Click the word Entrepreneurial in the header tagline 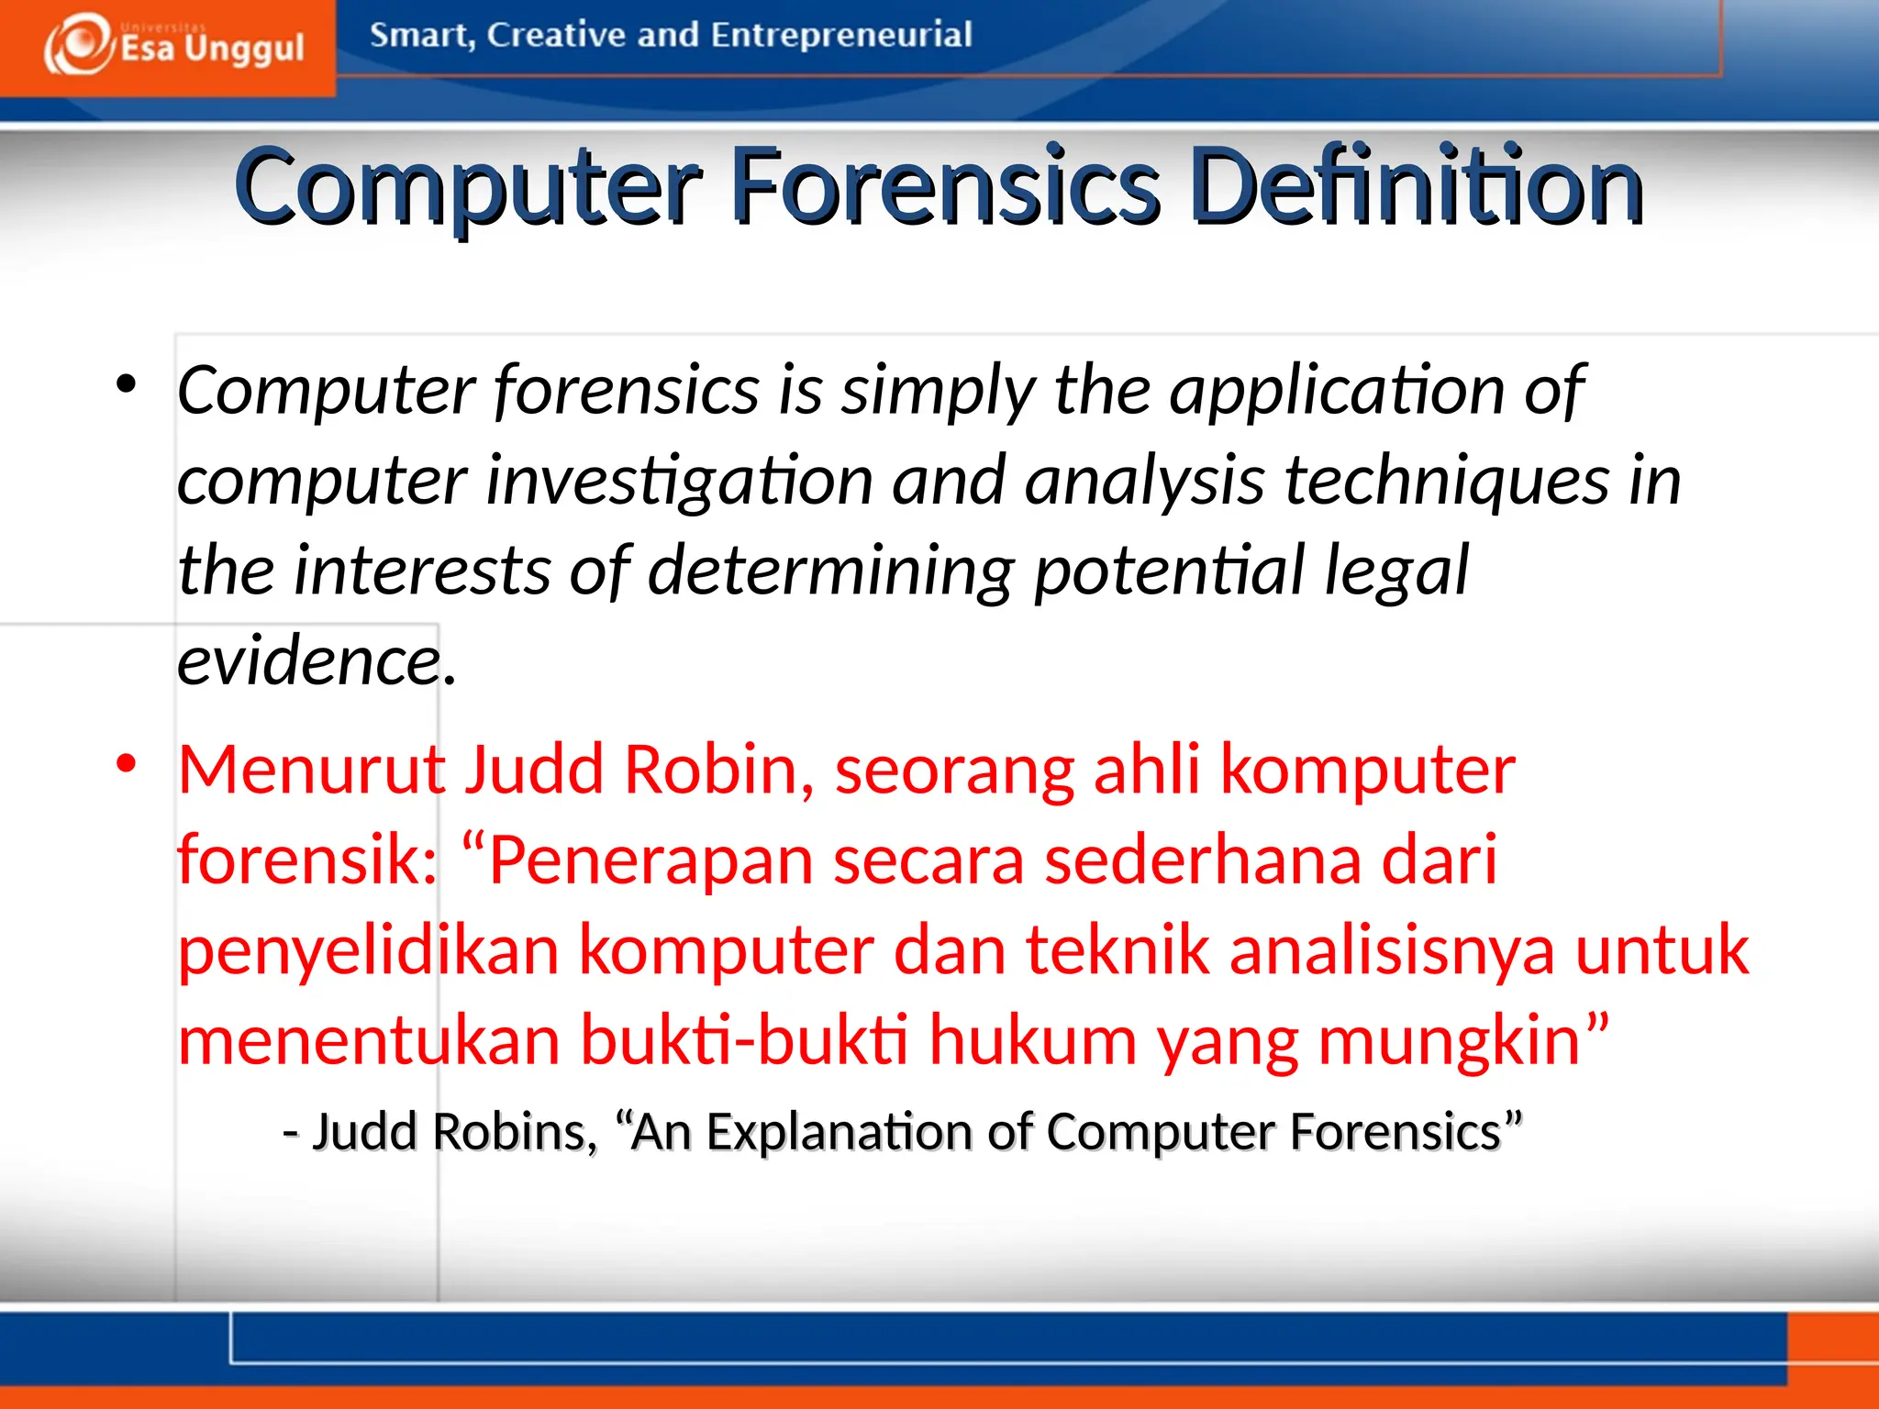coord(840,35)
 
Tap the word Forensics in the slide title coord(946,187)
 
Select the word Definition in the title coord(1418,187)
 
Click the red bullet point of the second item coord(127,763)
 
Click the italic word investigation coord(678,481)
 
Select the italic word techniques coord(1446,481)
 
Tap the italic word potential coord(1170,571)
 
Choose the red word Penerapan coord(650,860)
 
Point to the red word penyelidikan coord(368,950)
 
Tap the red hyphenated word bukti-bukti coord(744,1040)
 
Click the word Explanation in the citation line coord(837,1132)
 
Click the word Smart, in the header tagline coord(422,35)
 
